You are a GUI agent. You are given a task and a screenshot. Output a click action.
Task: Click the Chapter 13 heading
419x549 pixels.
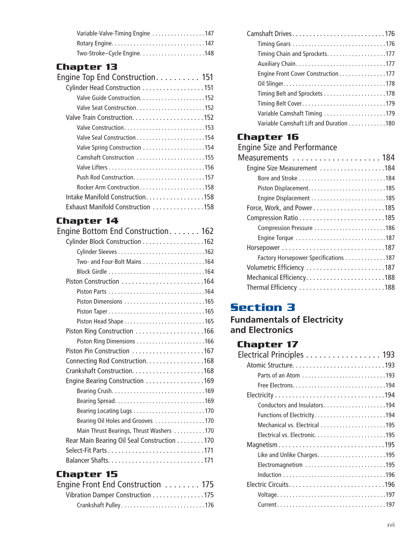(x=86, y=67)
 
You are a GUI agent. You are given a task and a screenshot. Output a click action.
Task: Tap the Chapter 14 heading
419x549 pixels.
(x=87, y=221)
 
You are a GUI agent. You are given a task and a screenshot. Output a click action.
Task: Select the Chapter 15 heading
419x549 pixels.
(x=87, y=474)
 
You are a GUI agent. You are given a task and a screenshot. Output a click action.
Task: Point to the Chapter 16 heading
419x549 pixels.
(x=267, y=137)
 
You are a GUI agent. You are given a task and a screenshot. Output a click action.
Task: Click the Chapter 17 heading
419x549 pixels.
(x=267, y=344)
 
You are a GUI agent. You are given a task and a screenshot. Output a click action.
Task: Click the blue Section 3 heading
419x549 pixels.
(x=263, y=308)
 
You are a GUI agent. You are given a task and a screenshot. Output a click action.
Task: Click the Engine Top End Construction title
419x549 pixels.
(x=106, y=78)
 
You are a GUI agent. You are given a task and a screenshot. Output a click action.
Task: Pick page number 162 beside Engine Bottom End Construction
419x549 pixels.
(x=207, y=232)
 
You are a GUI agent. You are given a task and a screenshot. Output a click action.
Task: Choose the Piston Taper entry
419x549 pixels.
(x=92, y=312)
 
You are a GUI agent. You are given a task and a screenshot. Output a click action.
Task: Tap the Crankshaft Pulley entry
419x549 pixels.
(x=98, y=505)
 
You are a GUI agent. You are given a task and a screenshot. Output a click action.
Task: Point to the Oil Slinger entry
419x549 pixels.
(x=270, y=83)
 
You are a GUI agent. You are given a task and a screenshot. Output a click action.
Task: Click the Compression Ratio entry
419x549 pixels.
(x=272, y=218)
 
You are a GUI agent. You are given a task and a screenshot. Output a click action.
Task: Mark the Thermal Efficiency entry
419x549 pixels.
(x=271, y=287)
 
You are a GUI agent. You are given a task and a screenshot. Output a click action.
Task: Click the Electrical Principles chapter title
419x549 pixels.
(x=270, y=355)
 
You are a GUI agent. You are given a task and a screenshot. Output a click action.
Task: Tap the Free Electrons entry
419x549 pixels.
(x=275, y=385)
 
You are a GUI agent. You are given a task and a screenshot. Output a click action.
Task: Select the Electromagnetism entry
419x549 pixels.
(x=280, y=465)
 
